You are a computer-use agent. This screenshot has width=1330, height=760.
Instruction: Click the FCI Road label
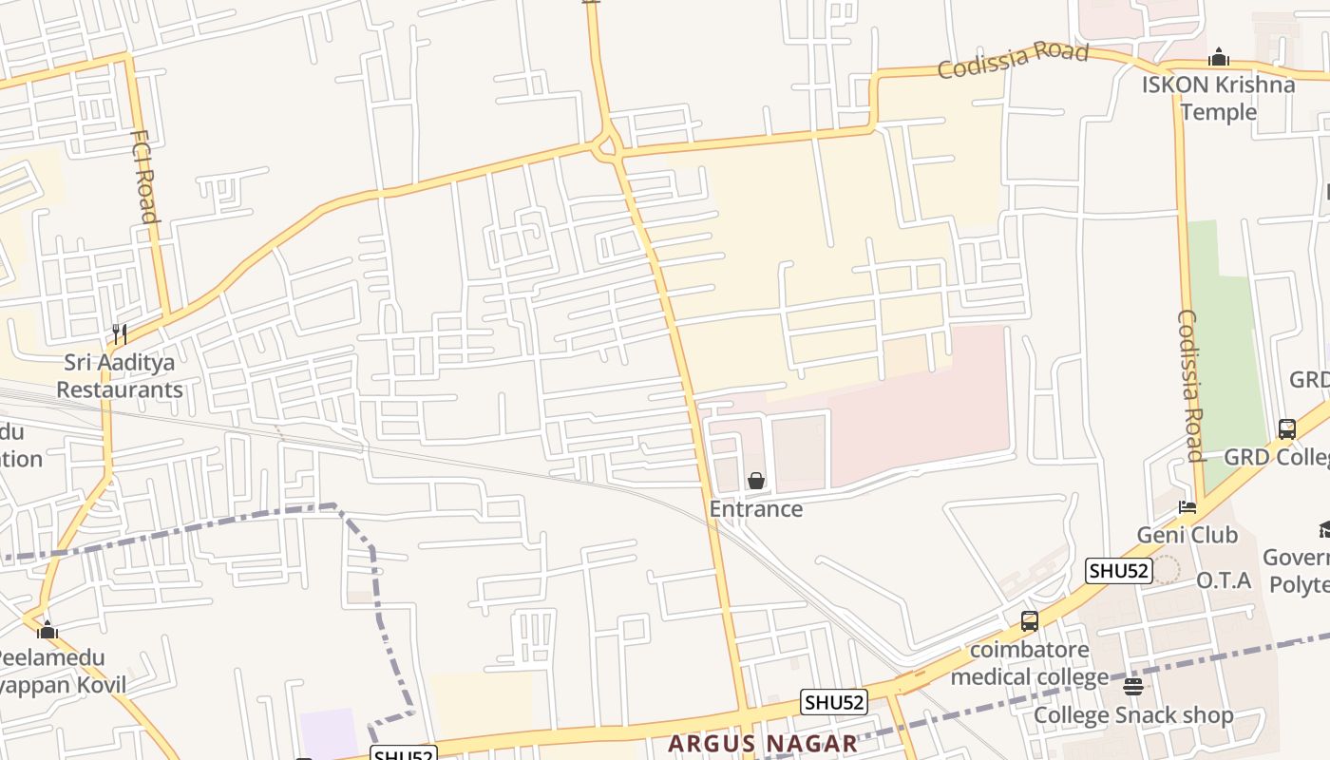[143, 176]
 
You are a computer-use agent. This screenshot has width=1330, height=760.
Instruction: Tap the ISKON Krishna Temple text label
[1218, 98]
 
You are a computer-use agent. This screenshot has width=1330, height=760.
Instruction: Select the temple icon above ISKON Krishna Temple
[1219, 58]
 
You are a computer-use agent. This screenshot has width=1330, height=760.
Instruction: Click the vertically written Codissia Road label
[1190, 385]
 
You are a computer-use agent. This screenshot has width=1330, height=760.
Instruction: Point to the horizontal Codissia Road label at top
[1013, 59]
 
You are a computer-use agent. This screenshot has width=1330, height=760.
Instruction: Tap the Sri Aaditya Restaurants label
[120, 375]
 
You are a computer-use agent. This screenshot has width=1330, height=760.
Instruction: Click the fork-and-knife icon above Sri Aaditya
[120, 333]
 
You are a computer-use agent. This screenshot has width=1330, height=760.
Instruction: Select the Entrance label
[756, 509]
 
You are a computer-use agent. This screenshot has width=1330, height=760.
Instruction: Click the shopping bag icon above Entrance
[756, 481]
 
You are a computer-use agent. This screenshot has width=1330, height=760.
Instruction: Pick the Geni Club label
[1187, 535]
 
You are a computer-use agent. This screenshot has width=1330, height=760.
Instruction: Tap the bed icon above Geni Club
[1187, 507]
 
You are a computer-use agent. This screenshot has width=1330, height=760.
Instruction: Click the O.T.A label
[1224, 580]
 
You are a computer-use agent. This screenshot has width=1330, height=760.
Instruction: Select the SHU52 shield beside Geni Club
[1119, 571]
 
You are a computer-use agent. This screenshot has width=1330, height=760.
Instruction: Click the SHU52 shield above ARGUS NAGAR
[834, 702]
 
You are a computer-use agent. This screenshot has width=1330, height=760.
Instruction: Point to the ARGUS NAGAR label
[763, 743]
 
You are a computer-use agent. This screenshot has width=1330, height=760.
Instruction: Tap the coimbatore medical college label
[1030, 664]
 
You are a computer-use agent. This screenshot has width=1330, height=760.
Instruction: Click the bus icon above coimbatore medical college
[1029, 621]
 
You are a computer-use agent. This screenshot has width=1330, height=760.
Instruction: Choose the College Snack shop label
[1133, 715]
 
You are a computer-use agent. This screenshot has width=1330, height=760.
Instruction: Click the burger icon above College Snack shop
[1132, 686]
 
